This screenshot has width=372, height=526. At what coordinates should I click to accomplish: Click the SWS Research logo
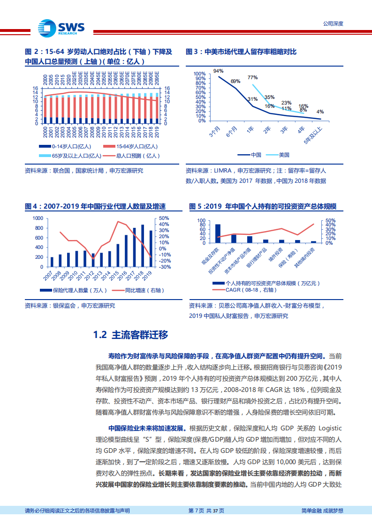[x=61, y=27]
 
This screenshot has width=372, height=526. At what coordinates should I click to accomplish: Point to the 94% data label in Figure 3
[x=218, y=71]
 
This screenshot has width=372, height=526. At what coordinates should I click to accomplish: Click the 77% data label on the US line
[x=252, y=77]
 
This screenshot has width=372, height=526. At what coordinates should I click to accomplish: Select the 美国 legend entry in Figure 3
[x=284, y=155]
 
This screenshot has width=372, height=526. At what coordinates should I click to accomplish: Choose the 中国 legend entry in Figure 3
[x=256, y=155]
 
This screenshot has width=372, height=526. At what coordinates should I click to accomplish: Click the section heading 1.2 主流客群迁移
[x=130, y=335]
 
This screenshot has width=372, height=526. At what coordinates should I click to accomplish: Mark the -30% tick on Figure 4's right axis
[x=164, y=267]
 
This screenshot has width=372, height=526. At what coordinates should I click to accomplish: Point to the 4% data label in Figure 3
[x=320, y=112]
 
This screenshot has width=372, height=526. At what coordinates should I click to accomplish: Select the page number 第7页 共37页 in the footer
[x=206, y=511]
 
